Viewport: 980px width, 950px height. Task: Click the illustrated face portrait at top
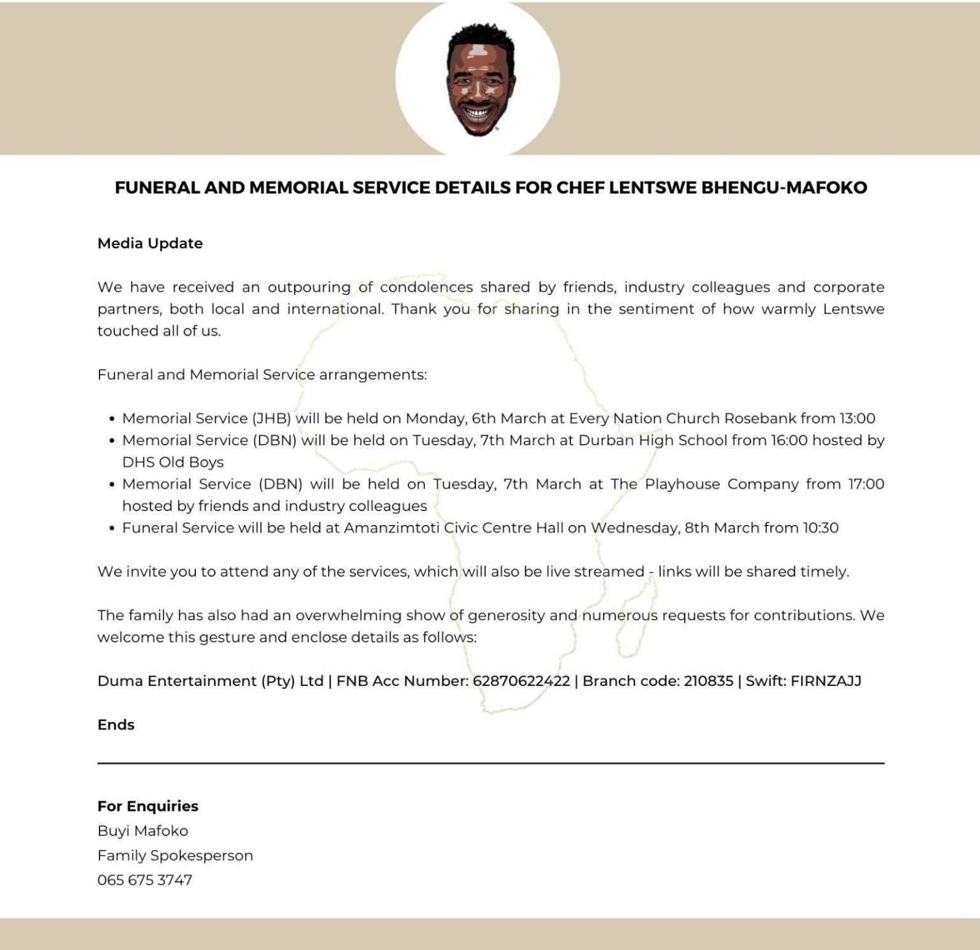pyautogui.click(x=477, y=79)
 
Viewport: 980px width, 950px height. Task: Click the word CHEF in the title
pyautogui.click(x=580, y=188)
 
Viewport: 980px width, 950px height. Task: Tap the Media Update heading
pyautogui.click(x=150, y=243)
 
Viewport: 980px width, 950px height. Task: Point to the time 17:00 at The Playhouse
pyautogui.click(x=865, y=484)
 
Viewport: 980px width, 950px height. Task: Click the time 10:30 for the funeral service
pyautogui.click(x=820, y=528)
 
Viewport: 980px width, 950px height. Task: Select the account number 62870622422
pyautogui.click(x=521, y=681)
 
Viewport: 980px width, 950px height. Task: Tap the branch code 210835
pyautogui.click(x=708, y=681)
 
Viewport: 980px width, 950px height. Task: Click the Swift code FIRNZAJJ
pyautogui.click(x=826, y=681)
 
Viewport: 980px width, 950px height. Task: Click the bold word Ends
pyautogui.click(x=116, y=725)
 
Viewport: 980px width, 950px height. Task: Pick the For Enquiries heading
pyautogui.click(x=148, y=806)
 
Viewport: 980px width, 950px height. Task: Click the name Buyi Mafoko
pyautogui.click(x=143, y=831)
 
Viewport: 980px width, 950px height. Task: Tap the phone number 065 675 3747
pyautogui.click(x=145, y=880)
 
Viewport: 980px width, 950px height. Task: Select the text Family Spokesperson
pyautogui.click(x=175, y=856)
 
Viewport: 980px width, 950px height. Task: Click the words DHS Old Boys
pyautogui.click(x=173, y=462)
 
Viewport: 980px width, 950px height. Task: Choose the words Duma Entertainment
pyautogui.click(x=177, y=681)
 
